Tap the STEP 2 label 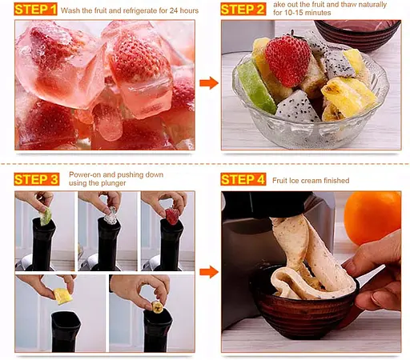click(x=243, y=10)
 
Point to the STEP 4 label click(x=243, y=179)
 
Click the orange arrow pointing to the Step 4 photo click(x=208, y=272)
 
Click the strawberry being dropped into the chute click(x=171, y=215)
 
